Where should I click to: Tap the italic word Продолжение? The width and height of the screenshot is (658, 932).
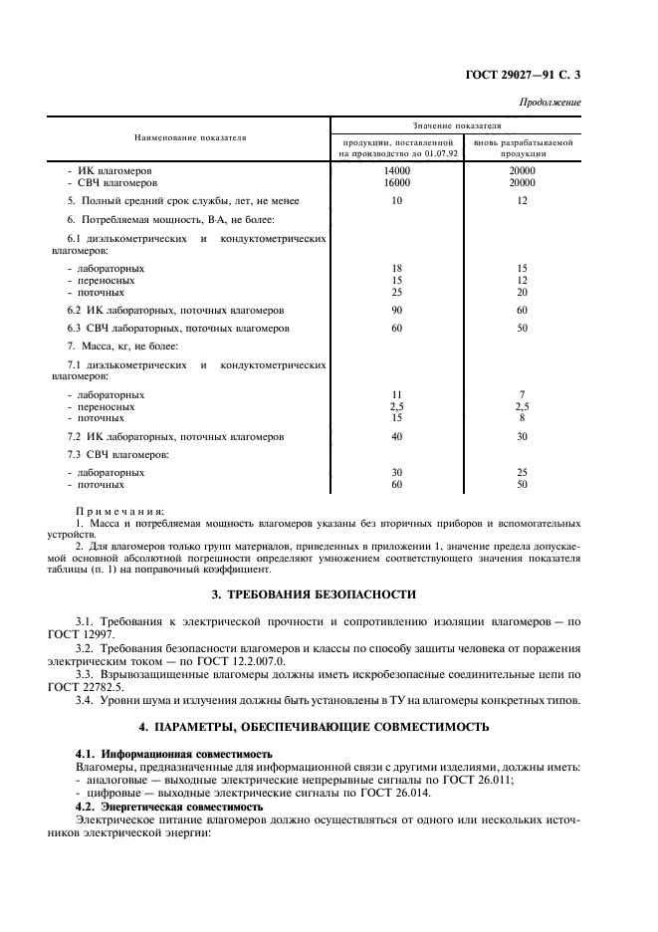(x=551, y=103)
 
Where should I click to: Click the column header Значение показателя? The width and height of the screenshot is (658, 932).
(x=456, y=126)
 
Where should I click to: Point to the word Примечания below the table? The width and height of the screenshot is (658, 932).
(x=120, y=510)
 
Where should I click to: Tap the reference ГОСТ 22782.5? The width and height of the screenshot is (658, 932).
(x=107, y=687)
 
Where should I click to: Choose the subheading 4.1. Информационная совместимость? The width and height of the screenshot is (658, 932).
(x=173, y=754)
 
